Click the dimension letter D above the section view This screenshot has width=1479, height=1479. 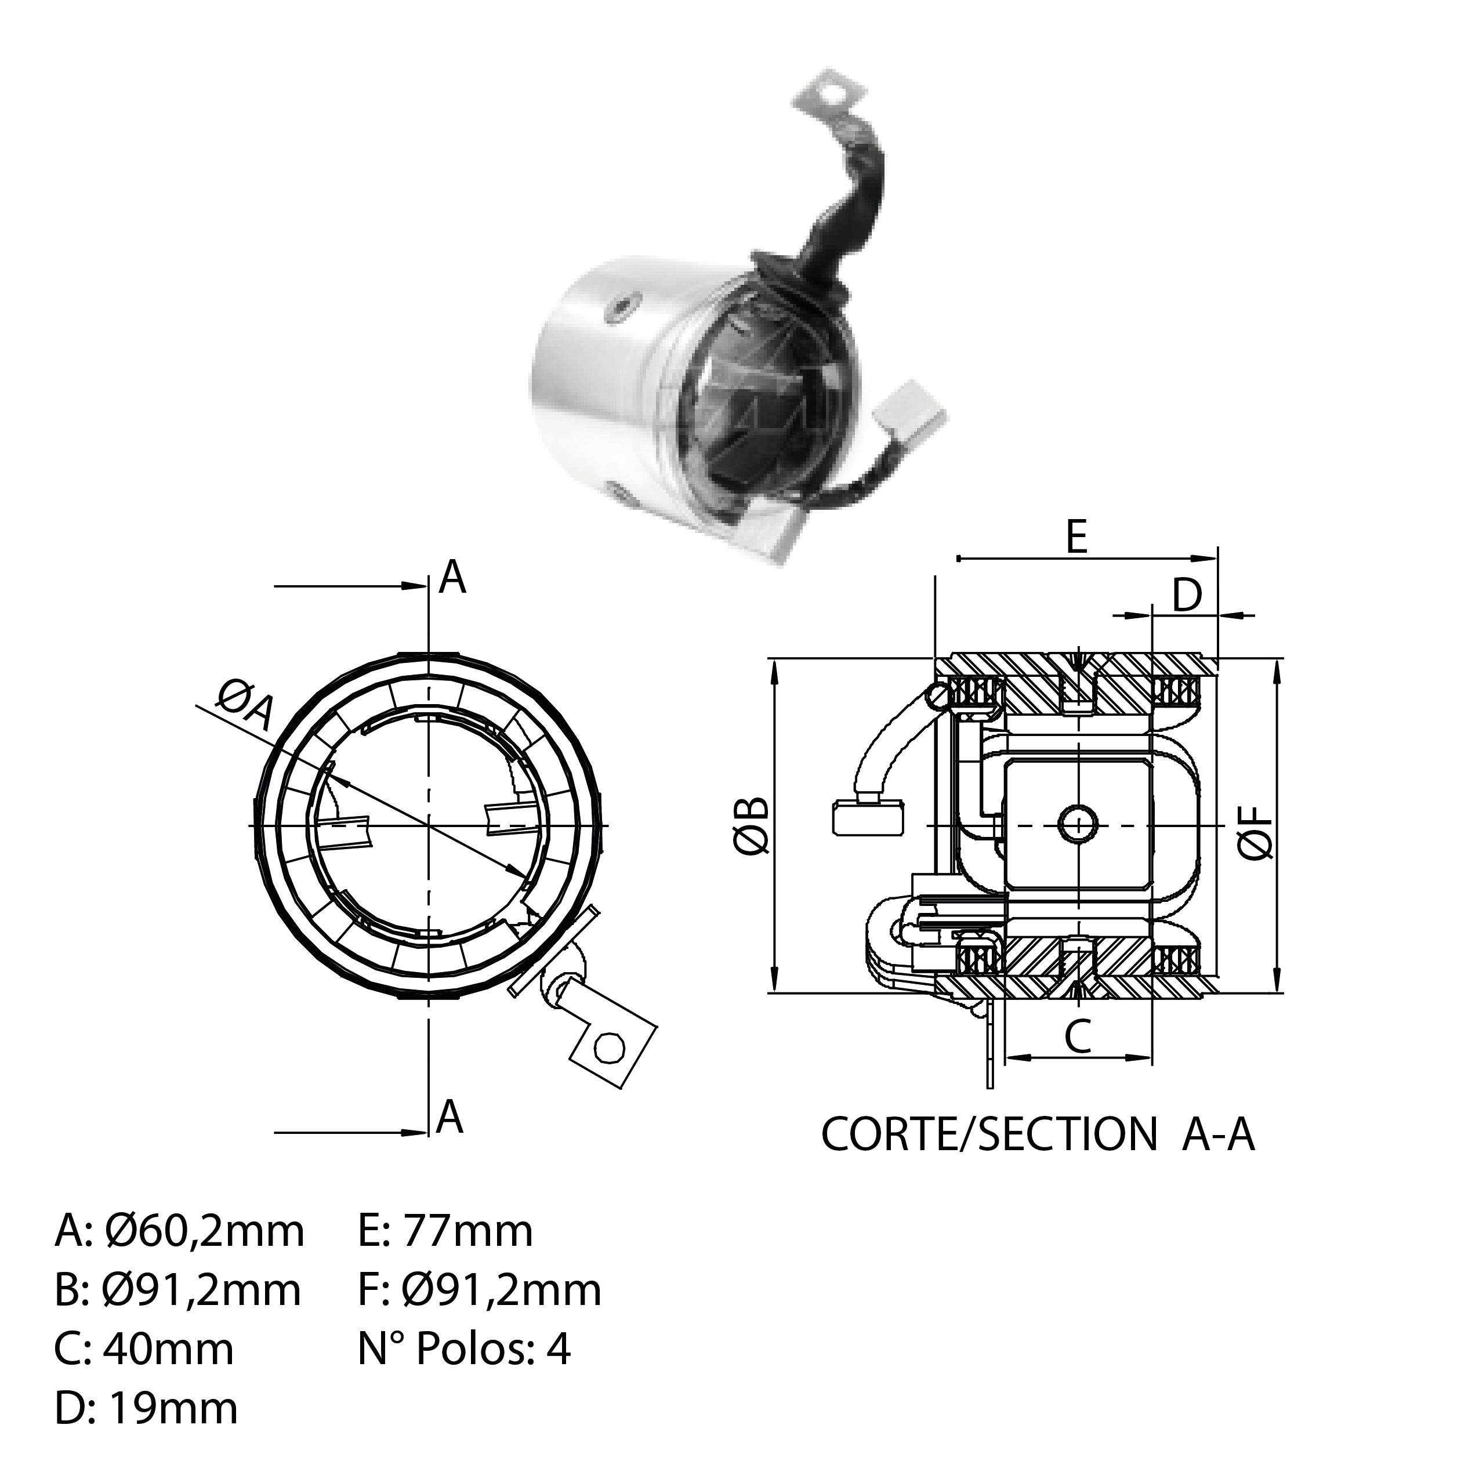point(1187,596)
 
